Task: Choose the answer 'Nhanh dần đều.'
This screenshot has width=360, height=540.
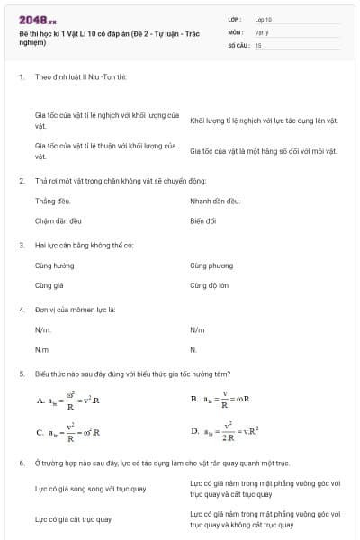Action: click(214, 201)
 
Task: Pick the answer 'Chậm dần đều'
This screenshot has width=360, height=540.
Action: click(58, 219)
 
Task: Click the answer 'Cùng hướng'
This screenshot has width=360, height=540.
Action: click(55, 266)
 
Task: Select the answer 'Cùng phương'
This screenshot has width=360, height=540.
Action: click(211, 266)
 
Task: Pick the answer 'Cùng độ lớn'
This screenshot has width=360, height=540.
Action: click(211, 284)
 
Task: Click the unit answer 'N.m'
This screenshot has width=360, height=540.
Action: click(41, 349)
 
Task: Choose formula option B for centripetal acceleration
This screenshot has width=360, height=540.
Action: click(226, 399)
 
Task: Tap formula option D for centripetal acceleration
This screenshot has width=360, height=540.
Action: click(226, 432)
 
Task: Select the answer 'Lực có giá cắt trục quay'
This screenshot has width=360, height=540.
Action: click(73, 519)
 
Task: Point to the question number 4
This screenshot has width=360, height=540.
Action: click(21, 309)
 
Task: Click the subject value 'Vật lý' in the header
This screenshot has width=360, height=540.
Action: click(262, 31)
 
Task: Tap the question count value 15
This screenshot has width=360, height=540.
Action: click(258, 44)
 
